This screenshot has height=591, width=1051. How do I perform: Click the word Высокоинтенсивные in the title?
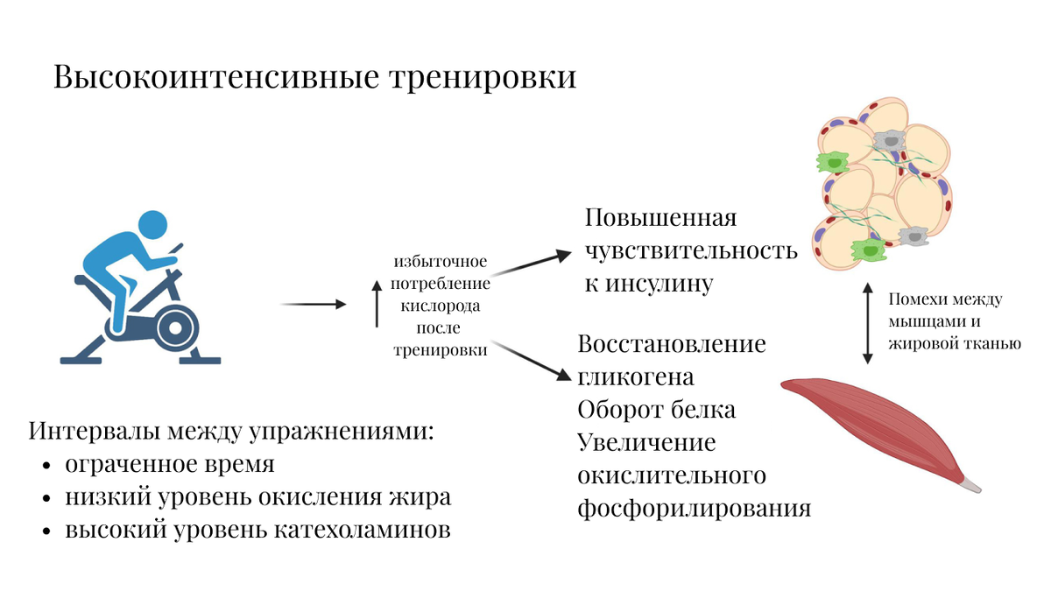pos(216,76)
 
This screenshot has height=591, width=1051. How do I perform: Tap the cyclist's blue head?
pos(153,224)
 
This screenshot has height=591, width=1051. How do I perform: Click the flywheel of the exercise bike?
pos(174,327)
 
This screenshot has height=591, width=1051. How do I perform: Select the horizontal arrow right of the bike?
pos(313,305)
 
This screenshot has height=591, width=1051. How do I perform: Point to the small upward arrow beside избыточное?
pos(377,304)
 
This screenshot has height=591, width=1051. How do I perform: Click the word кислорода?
pos(440,306)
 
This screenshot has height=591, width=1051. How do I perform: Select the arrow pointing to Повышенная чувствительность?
pos(532,263)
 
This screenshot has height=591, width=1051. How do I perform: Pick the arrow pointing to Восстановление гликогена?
pos(532,361)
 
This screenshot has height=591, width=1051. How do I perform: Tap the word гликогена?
pos(635,377)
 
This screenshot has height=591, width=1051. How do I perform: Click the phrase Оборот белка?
pos(656,409)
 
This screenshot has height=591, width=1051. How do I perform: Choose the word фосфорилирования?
pos(694,508)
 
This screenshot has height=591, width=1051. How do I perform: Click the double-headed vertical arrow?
pos(868,323)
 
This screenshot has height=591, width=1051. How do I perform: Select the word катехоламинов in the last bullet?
pos(363,530)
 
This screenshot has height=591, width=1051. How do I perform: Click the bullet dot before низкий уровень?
pos(46,498)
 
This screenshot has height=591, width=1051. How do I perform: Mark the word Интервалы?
pos(94,431)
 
